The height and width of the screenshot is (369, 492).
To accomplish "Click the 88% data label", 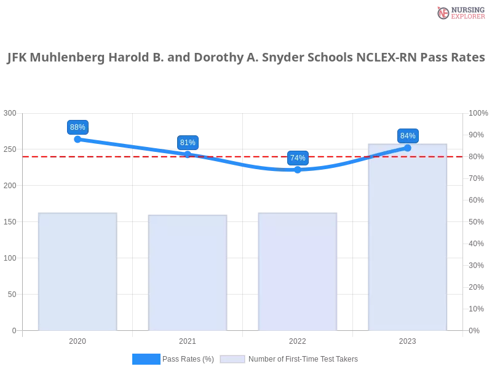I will point(77,127).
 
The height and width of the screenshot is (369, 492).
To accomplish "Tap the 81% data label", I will point(188,143).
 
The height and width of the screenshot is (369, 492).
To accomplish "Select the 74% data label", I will point(298,158).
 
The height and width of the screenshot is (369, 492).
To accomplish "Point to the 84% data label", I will point(408,136).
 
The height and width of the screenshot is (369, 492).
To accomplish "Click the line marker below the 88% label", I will point(77,140).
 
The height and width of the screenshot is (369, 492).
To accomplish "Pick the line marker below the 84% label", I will point(408,148).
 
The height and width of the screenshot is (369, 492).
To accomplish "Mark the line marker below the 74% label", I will point(298,169).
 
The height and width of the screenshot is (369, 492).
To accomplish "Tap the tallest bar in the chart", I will point(406,246).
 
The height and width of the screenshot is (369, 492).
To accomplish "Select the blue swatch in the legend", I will point(146,359).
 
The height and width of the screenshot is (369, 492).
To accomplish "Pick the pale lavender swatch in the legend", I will point(232,359).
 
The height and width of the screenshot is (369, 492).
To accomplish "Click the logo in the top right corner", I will point(459,12).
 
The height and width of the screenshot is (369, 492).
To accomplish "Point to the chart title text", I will point(246,58).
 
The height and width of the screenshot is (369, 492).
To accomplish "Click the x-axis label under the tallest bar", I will point(408,339).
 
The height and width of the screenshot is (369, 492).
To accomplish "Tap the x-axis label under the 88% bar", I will point(78,339).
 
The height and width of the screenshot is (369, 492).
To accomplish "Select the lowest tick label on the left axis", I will point(14,330).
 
